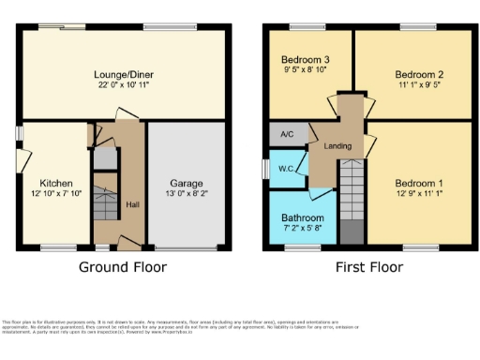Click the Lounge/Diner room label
tap(123, 74)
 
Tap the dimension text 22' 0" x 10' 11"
tap(123, 86)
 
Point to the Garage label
tap(187, 183)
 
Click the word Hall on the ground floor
tap(132, 205)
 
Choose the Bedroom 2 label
tap(418, 74)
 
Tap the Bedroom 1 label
tap(419, 183)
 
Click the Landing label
tap(337, 147)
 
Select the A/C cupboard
tap(288, 135)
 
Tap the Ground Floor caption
tap(123, 267)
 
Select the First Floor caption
tap(368, 267)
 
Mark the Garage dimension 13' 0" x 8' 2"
tap(187, 195)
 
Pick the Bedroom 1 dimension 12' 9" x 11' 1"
tap(419, 195)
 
